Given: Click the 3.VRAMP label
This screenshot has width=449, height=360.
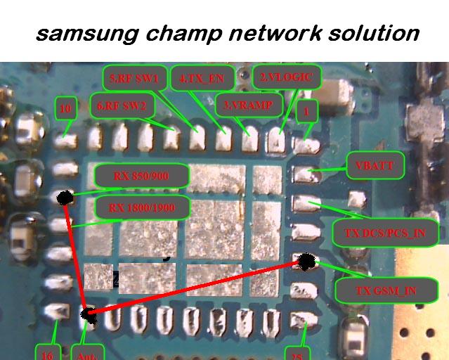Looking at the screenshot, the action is pyautogui.click(x=248, y=103).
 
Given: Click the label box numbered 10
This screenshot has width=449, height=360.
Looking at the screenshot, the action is pyautogui.click(x=65, y=109).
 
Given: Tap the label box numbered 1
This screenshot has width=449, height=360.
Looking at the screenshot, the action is pyautogui.click(x=306, y=110).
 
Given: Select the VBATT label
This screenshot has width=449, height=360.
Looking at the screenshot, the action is pyautogui.click(x=375, y=167).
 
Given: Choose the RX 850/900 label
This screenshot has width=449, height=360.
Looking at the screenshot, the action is pyautogui.click(x=141, y=176).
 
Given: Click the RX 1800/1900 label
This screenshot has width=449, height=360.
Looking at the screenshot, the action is pyautogui.click(x=141, y=208).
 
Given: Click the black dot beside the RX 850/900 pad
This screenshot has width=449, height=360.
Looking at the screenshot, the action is pyautogui.click(x=64, y=198).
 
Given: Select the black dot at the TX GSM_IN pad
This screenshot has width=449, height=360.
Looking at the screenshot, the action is pyautogui.click(x=306, y=262).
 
